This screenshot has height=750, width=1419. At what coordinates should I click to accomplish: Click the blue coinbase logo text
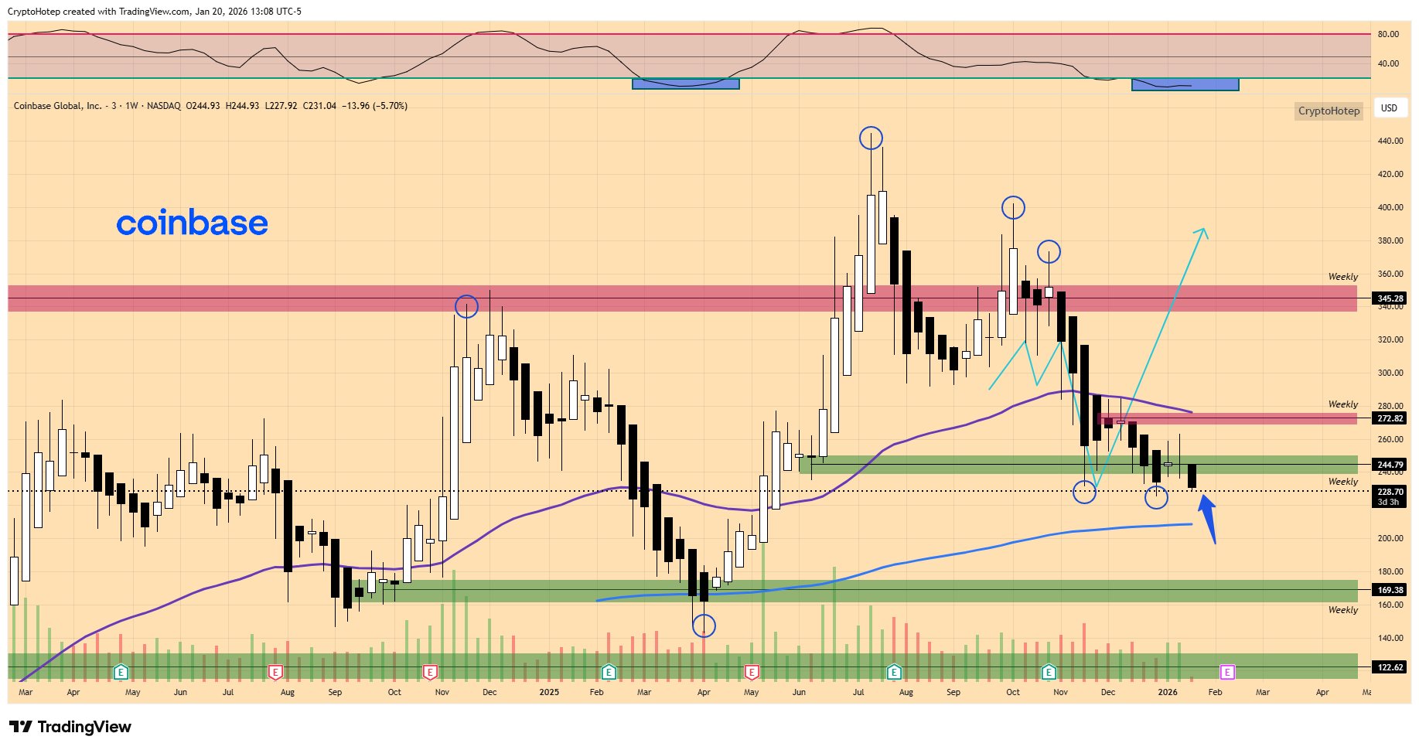tap(192, 223)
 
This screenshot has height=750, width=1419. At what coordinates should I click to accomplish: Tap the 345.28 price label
tap(1390, 298)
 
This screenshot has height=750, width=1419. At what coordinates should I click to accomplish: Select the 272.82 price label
tap(1390, 418)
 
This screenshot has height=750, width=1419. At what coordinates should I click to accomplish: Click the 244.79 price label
tap(1390, 465)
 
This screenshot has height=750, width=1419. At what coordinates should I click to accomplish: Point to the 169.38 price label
tap(1390, 590)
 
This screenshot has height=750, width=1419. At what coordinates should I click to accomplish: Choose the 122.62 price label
tap(1390, 667)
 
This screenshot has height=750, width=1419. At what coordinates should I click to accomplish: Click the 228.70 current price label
tap(1390, 492)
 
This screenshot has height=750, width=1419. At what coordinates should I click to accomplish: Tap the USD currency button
tap(1389, 108)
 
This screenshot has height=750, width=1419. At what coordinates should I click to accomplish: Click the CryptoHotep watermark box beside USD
tap(1329, 111)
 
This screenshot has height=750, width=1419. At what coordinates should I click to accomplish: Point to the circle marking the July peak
tap(871, 138)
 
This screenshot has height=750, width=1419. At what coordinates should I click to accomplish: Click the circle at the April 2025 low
tap(704, 626)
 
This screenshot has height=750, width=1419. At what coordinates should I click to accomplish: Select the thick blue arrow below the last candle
tap(1208, 518)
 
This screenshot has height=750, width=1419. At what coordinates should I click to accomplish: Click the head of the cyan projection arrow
tap(1203, 231)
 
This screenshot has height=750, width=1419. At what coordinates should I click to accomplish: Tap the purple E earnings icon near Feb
tap(1226, 671)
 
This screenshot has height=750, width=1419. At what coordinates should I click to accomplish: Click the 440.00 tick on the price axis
tap(1390, 141)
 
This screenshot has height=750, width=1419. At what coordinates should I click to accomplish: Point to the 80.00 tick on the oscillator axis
tap(1388, 34)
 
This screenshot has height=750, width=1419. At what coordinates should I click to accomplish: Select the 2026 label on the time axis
tap(1168, 692)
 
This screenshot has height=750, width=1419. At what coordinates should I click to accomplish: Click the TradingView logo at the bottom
tap(70, 727)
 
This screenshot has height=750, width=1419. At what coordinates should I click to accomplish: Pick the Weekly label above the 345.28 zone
tap(1342, 277)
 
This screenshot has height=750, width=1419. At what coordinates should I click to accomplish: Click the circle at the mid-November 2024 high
tap(466, 307)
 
